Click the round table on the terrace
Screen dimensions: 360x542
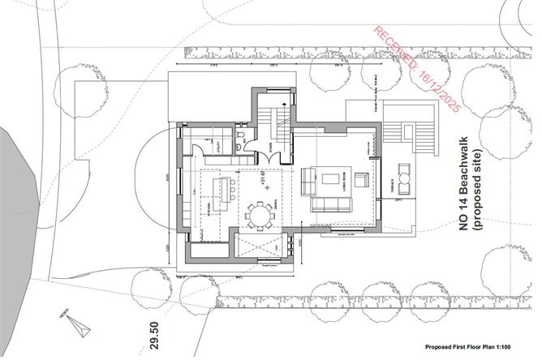(402, 179)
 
